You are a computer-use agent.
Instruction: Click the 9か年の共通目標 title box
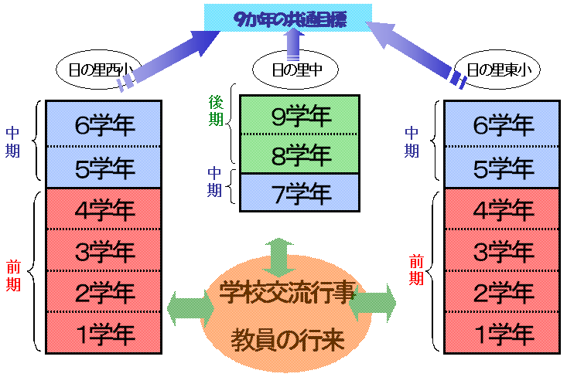click(289, 19)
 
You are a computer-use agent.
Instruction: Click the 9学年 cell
click(299, 116)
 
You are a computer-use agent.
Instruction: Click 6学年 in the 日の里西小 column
click(104, 124)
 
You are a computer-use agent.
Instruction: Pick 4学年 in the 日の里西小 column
click(104, 209)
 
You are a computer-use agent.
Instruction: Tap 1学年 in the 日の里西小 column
click(104, 333)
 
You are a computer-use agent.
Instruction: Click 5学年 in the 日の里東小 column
click(503, 166)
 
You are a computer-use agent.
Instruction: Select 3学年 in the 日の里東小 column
click(503, 250)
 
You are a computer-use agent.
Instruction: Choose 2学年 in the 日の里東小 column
click(503, 292)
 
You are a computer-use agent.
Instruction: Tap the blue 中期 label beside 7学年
click(217, 182)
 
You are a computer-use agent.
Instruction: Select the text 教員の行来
click(287, 339)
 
